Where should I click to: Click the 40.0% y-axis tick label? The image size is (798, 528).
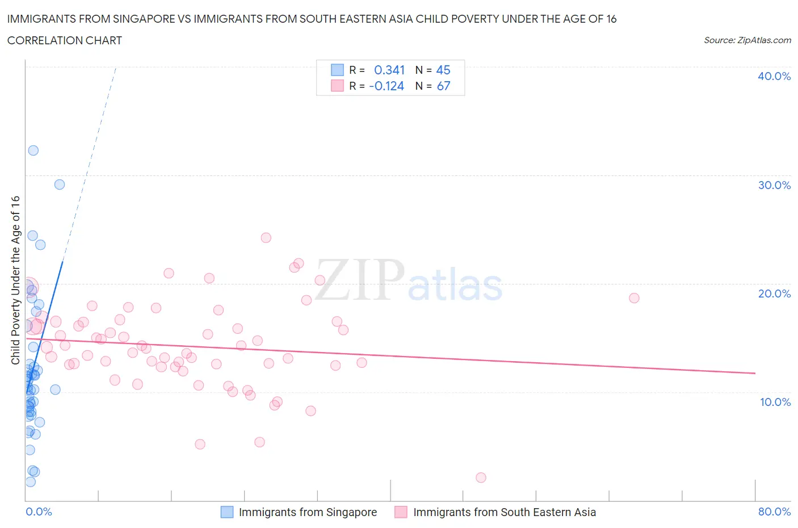[x=774, y=76]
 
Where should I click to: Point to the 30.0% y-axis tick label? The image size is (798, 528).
[x=774, y=185]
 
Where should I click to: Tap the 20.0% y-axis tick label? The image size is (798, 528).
[x=774, y=294]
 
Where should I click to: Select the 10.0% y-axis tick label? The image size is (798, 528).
[x=775, y=402]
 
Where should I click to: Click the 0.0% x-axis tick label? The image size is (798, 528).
[x=39, y=512]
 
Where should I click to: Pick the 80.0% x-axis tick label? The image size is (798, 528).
[x=774, y=512]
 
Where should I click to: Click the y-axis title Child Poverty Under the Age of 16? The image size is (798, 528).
[x=15, y=280]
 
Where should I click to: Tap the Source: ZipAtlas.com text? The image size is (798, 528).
[x=747, y=40]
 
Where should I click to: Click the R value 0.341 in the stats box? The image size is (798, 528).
[x=389, y=70]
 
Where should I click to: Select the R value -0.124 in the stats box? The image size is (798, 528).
[x=387, y=86]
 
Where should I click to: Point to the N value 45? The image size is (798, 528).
[x=443, y=70]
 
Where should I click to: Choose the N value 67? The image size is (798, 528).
[x=443, y=86]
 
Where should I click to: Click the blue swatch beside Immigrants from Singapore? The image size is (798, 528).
[x=227, y=512]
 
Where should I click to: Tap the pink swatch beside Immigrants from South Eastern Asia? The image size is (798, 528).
[x=401, y=512]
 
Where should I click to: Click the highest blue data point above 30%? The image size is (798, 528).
[x=33, y=150]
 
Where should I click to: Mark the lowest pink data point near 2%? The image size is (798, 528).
[x=481, y=477]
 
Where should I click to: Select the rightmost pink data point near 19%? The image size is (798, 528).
[x=634, y=298]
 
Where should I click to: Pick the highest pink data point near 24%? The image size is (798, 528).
[x=266, y=238]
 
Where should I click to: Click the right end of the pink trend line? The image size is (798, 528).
[x=755, y=373]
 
